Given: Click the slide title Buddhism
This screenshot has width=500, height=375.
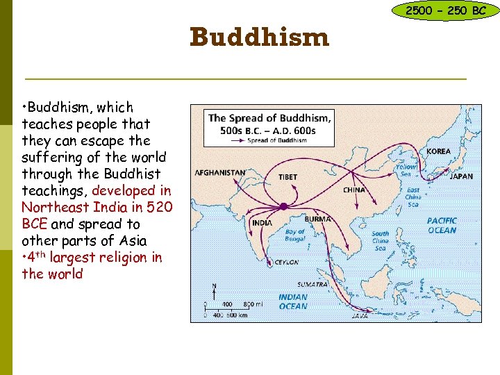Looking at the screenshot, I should coord(259,37).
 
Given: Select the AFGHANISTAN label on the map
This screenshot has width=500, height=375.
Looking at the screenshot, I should coord(220,172).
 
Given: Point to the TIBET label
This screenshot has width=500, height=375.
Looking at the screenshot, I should coord(288,176).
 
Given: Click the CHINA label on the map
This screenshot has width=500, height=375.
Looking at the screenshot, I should coord(354,190).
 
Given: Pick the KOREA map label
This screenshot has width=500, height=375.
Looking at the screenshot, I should coord(438,151).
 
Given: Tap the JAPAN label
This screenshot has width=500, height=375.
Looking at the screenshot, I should coord(461,176).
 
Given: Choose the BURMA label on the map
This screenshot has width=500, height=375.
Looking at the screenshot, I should coord(319,219).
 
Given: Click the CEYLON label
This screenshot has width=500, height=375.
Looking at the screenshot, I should coord(285,262).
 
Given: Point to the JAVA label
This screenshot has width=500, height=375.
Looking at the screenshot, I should coord(360,315).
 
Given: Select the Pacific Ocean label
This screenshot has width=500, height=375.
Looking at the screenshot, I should coord(442,226).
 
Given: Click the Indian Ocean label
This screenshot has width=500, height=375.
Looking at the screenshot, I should coord(292,301).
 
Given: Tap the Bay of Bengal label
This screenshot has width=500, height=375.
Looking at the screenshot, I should coord(294,235).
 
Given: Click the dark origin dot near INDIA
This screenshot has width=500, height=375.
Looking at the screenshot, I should coord(283,206).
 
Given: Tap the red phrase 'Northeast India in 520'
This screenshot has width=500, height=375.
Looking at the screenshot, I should coord(97,207).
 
